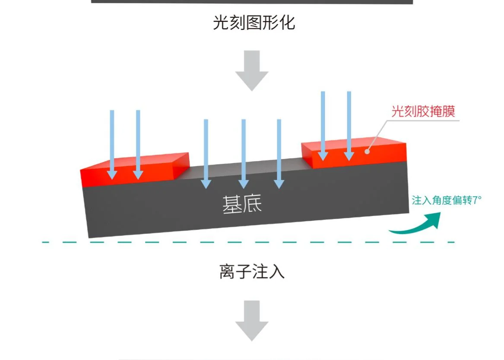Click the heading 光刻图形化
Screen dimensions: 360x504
pyautogui.click(x=254, y=22)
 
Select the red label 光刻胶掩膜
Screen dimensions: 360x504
pyautogui.click(x=423, y=112)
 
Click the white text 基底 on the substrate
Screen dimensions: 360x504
pyautogui.click(x=242, y=204)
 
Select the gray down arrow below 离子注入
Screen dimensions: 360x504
pyautogui.click(x=252, y=320)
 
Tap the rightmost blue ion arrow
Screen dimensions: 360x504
pyautogui.click(x=349, y=125)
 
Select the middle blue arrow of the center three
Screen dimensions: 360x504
pyautogui.click(x=244, y=153)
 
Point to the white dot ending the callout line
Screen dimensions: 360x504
pyautogui.click(x=368, y=151)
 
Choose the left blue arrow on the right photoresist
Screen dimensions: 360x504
pyautogui.click(x=322, y=125)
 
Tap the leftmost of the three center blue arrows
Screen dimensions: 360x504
pyautogui.click(x=206, y=153)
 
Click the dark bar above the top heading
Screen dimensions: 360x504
pyautogui.click(x=252, y=2)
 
